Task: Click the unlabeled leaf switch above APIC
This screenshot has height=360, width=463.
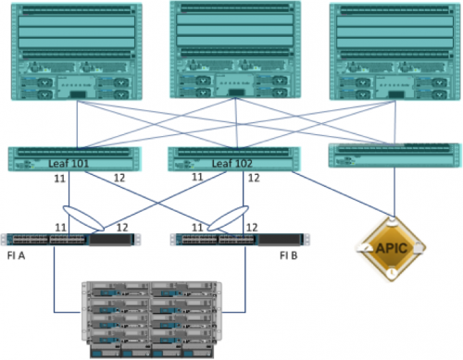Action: click(x=395, y=155)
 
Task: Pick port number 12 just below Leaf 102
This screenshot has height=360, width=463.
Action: click(x=251, y=177)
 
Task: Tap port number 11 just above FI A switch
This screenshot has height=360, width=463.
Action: click(x=61, y=226)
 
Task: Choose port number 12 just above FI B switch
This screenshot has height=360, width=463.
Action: click(x=250, y=226)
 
